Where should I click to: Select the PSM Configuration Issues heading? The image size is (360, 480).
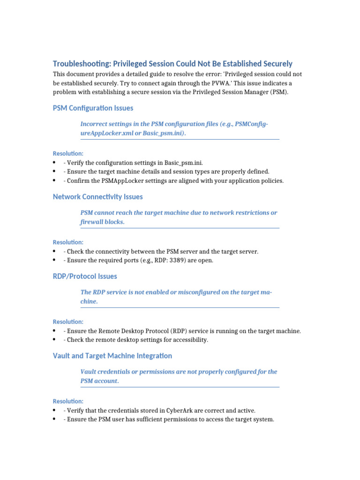tap(93, 108)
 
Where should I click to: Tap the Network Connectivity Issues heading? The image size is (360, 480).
tap(97, 196)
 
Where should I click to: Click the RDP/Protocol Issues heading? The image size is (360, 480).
tap(85, 276)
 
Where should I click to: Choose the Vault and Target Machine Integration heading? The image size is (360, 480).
tap(112, 355)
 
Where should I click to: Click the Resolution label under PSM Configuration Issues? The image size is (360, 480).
tap(68, 153)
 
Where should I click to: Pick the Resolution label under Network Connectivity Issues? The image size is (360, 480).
tap(68, 242)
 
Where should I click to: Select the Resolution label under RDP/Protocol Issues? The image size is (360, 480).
tap(68, 322)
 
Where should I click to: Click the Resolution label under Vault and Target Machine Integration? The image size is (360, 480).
tap(68, 401)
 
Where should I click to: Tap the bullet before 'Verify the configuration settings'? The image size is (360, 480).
tap(55, 163)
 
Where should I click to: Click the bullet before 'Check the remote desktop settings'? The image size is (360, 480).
tap(55, 340)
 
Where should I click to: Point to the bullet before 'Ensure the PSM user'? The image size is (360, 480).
tap(55, 420)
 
